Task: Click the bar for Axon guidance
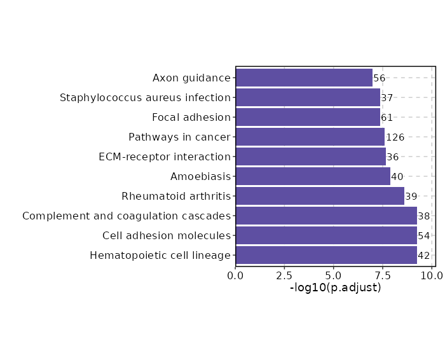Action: pos(304,78)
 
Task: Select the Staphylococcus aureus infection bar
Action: pos(308,98)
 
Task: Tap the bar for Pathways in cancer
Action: pos(310,137)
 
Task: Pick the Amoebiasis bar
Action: pos(313,177)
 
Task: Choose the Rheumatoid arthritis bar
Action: pos(320,197)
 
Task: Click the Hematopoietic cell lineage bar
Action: pos(326,256)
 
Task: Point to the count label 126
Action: pos(395,137)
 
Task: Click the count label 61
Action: pos(387,118)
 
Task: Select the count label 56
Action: pos(380,78)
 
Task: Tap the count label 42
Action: pos(424,256)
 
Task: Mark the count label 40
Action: pos(397,177)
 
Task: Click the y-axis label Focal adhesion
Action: pos(191,118)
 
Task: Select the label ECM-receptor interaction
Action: pos(165,157)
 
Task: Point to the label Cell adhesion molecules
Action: pos(167,236)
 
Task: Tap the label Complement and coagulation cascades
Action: pos(127,216)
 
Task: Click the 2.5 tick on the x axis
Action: pos(285,275)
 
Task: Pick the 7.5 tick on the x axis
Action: pos(383,275)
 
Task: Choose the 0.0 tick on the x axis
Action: pos(236,275)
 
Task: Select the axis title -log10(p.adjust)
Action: pos(336,287)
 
